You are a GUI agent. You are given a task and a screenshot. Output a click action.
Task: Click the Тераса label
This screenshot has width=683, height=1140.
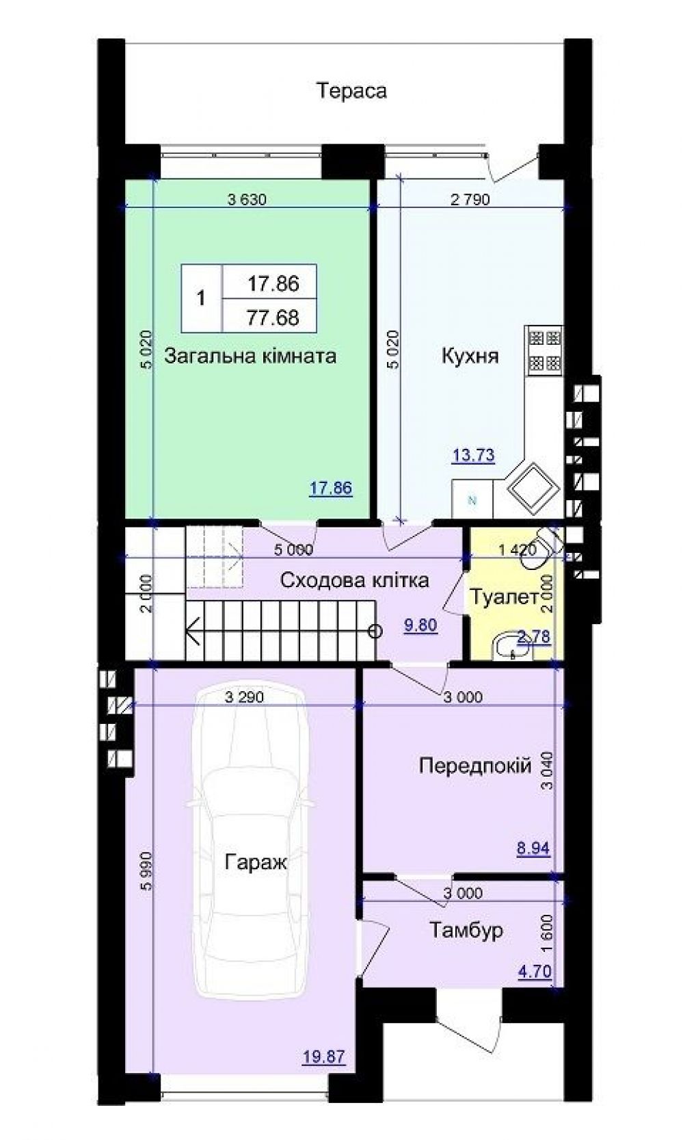pyautogui.click(x=351, y=90)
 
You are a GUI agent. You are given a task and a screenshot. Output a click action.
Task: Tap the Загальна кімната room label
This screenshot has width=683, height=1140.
pyautogui.click(x=250, y=356)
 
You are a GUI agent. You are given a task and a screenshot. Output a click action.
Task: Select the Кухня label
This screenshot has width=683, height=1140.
pyautogui.click(x=470, y=356)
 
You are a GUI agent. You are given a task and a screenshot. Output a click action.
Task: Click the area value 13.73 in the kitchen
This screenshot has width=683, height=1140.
pyautogui.click(x=473, y=455)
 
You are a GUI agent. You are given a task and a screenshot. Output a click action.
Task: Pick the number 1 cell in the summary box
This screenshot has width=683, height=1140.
pyautogui.click(x=201, y=298)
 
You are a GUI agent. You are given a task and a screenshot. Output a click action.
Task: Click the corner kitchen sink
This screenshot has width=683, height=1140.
pyautogui.click(x=533, y=484)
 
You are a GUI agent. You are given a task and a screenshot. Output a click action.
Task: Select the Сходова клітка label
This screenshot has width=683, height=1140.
pyautogui.click(x=355, y=580)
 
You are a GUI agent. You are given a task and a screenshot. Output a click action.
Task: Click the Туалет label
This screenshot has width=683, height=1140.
pyautogui.click(x=504, y=597)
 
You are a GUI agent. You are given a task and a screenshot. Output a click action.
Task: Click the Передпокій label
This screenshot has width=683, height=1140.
pyautogui.click(x=474, y=765)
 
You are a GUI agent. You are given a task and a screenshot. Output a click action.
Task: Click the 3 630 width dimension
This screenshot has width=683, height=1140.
pyautogui.click(x=247, y=200)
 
